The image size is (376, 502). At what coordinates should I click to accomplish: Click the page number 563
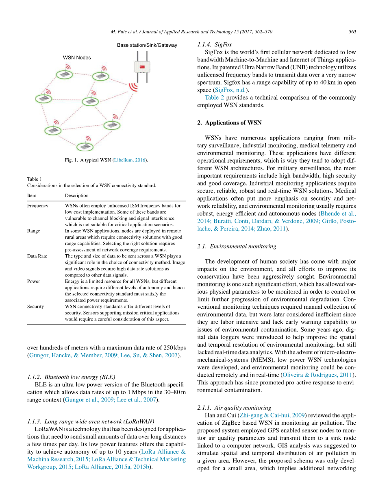point(352,32)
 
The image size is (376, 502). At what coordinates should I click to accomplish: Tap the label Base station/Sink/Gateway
point(147,45)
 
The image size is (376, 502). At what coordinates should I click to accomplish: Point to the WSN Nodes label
point(77,58)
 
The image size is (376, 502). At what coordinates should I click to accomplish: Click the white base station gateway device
point(142,67)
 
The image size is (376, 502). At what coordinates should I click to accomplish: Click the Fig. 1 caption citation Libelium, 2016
point(130,160)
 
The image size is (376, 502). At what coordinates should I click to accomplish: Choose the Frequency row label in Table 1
point(38,205)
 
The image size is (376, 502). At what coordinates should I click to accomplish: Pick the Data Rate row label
point(37,256)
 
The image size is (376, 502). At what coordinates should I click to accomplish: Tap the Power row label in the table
point(33,281)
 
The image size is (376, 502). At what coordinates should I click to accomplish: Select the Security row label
point(35,306)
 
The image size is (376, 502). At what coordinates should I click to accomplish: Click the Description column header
point(76,195)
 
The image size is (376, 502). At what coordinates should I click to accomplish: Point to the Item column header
point(32,195)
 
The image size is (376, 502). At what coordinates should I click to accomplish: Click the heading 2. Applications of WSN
point(229,123)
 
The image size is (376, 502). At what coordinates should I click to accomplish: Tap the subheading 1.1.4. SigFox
point(215,45)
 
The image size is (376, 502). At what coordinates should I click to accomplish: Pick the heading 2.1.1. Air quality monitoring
point(234,408)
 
